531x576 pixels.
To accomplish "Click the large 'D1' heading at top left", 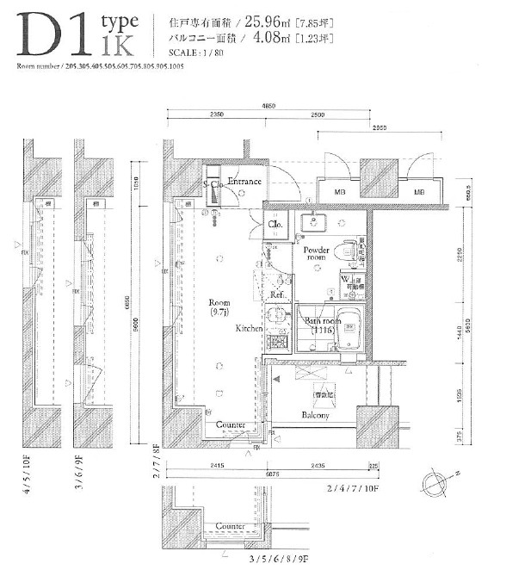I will [x=52, y=34].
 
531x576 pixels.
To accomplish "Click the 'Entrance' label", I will [x=244, y=182].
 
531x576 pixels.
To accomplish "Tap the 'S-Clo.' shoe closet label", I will [x=213, y=184].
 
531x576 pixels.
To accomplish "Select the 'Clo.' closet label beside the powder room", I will [x=275, y=224].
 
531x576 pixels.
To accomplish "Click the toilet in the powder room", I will [x=347, y=251].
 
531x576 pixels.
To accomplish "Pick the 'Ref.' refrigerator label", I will [x=277, y=294].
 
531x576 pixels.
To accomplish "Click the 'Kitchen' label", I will [x=250, y=328].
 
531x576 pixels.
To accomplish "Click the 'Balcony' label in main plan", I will [x=314, y=415].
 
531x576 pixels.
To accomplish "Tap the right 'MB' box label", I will [x=419, y=192].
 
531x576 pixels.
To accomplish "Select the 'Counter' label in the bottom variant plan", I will [x=230, y=525].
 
